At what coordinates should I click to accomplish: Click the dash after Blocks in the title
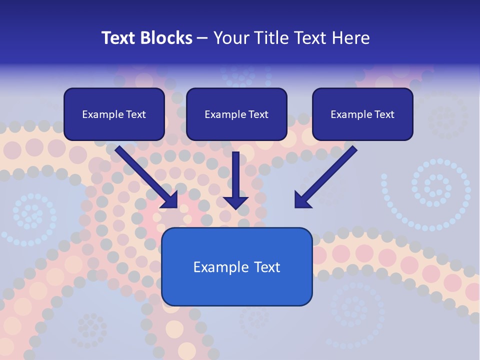202,38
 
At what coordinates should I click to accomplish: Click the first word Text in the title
120,38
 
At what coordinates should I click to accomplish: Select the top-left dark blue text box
114,114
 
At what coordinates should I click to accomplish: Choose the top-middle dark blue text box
236,114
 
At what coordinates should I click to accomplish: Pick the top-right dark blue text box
362,114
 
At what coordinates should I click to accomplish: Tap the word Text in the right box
384,114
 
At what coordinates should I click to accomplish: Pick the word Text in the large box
267,267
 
